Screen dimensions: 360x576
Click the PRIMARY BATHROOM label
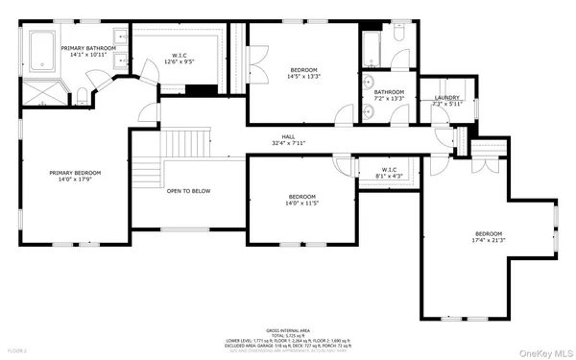pyautogui.click(x=88, y=47)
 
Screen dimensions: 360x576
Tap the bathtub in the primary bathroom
pyautogui.click(x=43, y=51)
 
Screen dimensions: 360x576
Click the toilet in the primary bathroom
pyautogui.click(x=84, y=94)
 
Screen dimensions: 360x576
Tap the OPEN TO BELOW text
pyautogui.click(x=188, y=191)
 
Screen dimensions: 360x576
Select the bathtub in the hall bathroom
pyautogui.click(x=372, y=47)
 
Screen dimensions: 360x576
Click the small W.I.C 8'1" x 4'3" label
pyautogui.click(x=383, y=174)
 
